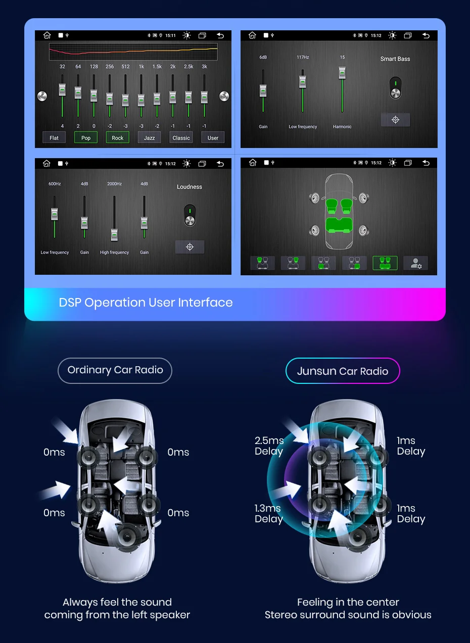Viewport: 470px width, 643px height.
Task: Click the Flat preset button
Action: pos(54,137)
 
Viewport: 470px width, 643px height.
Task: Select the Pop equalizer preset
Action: pos(86,137)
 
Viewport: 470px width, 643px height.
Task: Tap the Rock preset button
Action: pos(117,137)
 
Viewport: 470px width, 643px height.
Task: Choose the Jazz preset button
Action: pos(149,137)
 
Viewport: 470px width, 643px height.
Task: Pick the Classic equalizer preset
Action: pos(181,137)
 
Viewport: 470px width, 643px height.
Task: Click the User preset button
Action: pos(213,137)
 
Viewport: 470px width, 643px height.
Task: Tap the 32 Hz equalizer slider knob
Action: pos(62,89)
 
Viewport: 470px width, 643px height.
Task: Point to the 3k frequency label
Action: pos(204,67)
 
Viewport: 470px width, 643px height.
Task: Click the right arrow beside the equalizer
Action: pos(224,96)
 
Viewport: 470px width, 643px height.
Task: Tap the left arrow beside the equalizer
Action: pos(42,96)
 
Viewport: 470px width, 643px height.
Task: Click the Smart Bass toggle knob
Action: pos(395,92)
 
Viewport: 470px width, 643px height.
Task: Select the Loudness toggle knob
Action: pos(190,220)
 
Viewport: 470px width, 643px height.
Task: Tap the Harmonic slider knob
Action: pos(342,73)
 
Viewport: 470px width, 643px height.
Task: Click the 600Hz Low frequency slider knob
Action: pos(55,214)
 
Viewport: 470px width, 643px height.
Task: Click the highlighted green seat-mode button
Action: pos(385,263)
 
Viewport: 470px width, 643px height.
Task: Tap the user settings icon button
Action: pos(415,263)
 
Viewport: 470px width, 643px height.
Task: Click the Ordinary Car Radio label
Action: pos(115,370)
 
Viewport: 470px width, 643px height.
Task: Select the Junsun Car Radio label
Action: pos(343,371)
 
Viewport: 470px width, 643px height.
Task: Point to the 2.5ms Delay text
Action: pos(269,446)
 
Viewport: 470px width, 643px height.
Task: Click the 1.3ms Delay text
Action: pos(268,514)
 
